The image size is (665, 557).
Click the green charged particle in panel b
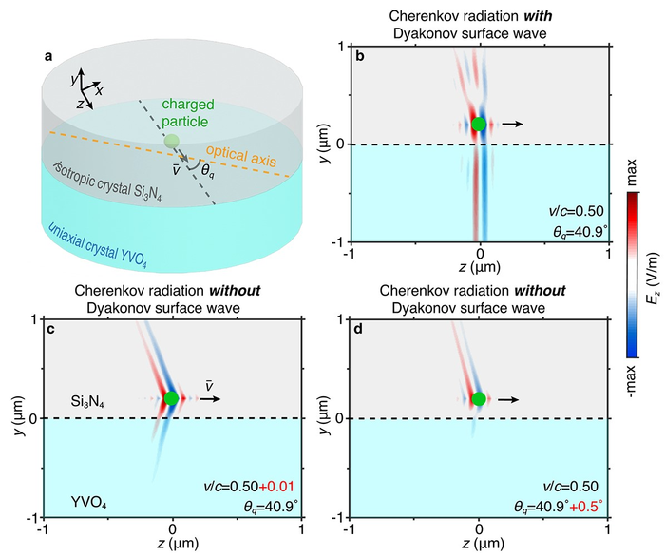click(x=480, y=125)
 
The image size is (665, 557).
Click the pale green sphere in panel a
click(x=171, y=142)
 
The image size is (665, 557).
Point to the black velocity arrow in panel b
click(x=513, y=125)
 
